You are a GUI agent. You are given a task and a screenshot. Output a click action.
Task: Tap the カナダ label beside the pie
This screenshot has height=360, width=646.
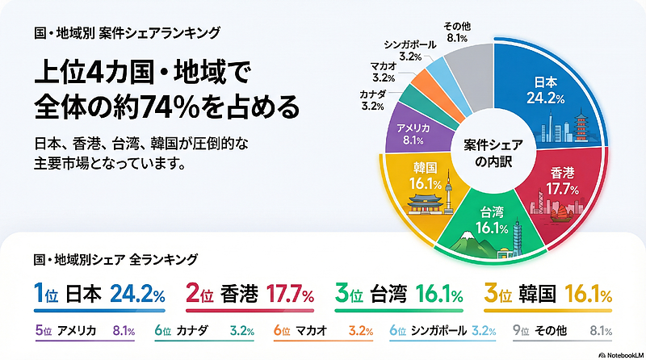372,100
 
